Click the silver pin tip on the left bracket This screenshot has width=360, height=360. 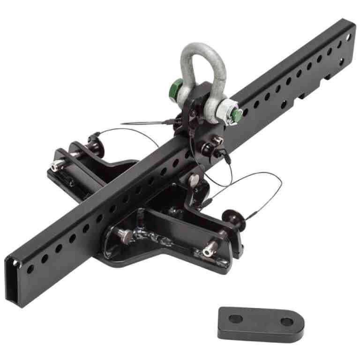[x=57, y=164]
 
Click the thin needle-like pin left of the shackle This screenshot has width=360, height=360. [x=141, y=124]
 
